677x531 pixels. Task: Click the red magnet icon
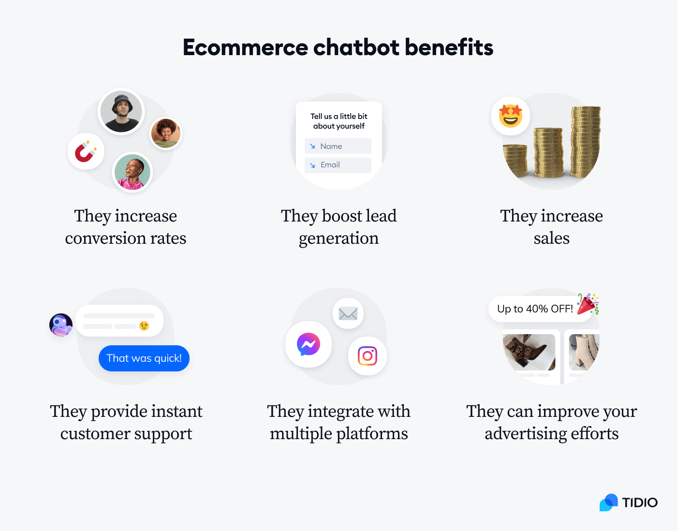tap(86, 151)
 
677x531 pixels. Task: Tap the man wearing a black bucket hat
tap(121, 112)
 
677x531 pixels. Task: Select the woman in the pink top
tap(132, 173)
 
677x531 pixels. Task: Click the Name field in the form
tap(338, 146)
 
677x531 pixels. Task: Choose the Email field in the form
tap(338, 165)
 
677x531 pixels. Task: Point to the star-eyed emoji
tap(511, 116)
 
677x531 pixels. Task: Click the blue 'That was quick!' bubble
tap(144, 358)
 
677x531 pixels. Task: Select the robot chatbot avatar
tap(61, 325)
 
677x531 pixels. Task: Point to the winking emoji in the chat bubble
tap(144, 326)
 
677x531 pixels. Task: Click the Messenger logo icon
tap(309, 344)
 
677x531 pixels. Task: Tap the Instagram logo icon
tap(368, 356)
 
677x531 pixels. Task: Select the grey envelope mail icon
tap(348, 314)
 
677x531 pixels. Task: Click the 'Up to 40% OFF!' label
tap(535, 309)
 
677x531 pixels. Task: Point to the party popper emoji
tap(588, 304)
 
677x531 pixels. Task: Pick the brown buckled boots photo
tap(529, 352)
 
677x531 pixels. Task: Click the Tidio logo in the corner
tap(629, 502)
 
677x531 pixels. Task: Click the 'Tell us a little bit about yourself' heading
tap(339, 121)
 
